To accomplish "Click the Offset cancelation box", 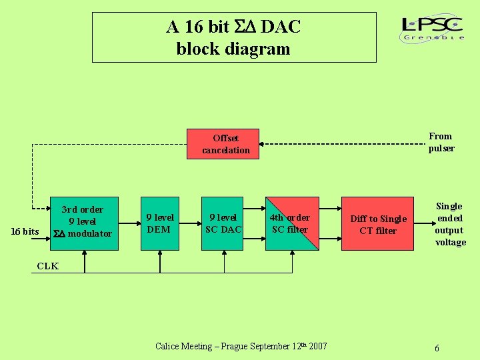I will click(226, 144).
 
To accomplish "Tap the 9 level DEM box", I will click(159, 223).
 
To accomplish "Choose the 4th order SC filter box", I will click(290, 223).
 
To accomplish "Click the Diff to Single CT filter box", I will click(377, 223).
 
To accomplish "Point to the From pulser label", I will click(441, 142).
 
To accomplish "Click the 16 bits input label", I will click(25, 231).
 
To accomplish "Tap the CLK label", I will click(47, 266).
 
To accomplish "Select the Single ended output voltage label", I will click(450, 224).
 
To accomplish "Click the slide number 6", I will click(437, 349).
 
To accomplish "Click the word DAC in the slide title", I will click(281, 27).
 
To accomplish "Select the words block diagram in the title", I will click(233, 49).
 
